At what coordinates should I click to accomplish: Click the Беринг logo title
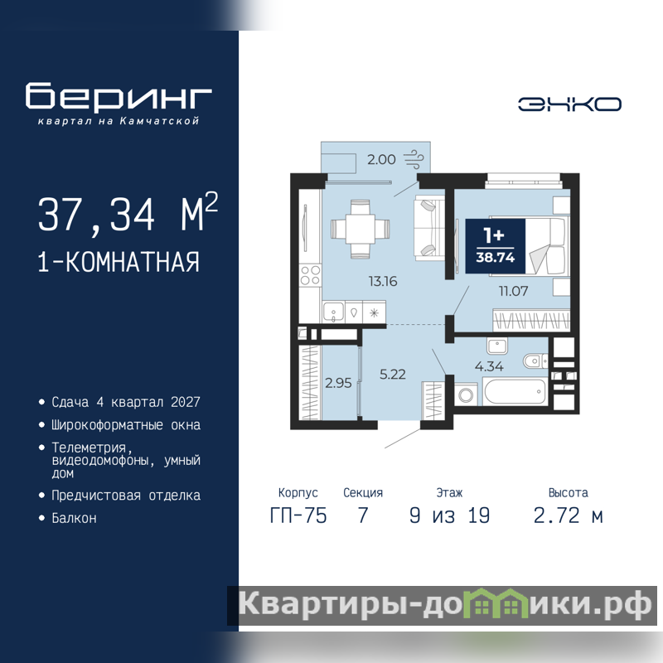click(x=119, y=96)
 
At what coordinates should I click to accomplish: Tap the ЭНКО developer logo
click(x=569, y=104)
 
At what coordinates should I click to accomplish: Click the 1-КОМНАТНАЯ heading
click(x=119, y=262)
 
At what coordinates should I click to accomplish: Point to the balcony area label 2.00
click(x=381, y=159)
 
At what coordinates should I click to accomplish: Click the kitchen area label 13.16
click(x=383, y=281)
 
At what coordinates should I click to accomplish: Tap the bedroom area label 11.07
click(x=513, y=291)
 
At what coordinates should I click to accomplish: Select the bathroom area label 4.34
click(x=489, y=366)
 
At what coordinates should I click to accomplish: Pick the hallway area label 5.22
click(x=392, y=375)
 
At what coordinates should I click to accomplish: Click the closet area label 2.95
click(x=338, y=383)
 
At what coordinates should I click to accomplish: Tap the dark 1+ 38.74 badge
click(x=495, y=246)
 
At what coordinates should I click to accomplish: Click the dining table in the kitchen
click(x=360, y=229)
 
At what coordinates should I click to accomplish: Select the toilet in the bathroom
click(x=535, y=361)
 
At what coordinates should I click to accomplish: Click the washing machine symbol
click(x=466, y=395)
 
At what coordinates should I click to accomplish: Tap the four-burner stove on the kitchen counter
click(x=310, y=275)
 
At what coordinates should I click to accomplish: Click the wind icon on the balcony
click(x=414, y=159)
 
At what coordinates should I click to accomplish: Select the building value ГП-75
click(x=298, y=515)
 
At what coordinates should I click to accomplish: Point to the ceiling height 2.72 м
click(x=568, y=515)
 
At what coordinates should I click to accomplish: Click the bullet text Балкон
click(x=74, y=518)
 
